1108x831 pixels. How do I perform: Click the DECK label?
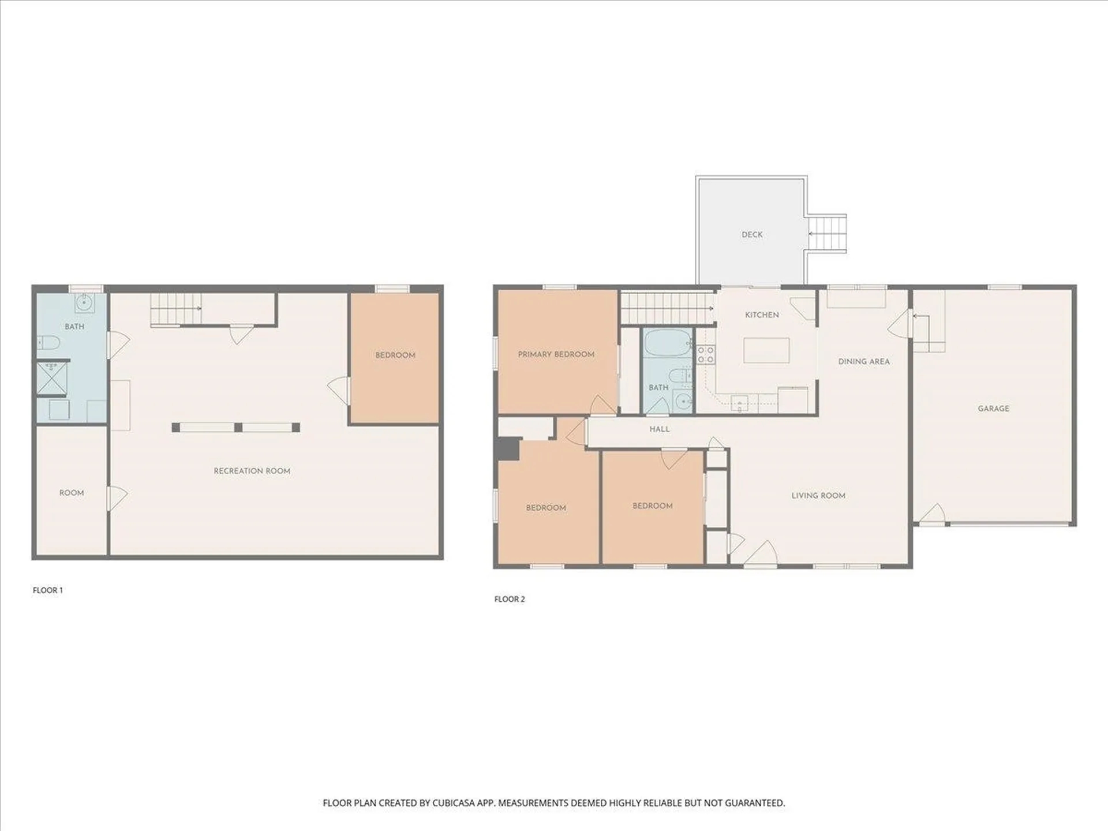pos(751,234)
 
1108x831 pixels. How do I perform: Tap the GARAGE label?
pos(993,409)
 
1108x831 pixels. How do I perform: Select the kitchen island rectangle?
pos(766,350)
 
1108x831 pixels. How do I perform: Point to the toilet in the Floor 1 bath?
pos(50,343)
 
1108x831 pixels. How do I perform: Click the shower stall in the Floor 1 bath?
pos(51,379)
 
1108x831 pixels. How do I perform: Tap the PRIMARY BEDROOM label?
pos(556,354)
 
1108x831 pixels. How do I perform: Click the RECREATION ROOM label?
pos(252,471)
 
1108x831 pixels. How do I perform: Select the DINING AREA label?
pos(863,361)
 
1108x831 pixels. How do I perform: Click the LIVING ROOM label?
pos(818,495)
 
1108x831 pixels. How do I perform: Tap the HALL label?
pos(659,429)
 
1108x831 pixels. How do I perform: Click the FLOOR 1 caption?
pos(47,590)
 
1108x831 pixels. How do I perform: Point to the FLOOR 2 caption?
pos(509,599)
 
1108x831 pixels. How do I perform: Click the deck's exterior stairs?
pos(826,233)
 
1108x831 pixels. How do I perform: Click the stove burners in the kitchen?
pos(705,354)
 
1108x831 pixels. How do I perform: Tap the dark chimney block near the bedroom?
pos(508,450)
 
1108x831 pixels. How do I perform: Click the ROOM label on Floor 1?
pos(72,493)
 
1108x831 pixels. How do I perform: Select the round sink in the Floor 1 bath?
pos(85,301)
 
